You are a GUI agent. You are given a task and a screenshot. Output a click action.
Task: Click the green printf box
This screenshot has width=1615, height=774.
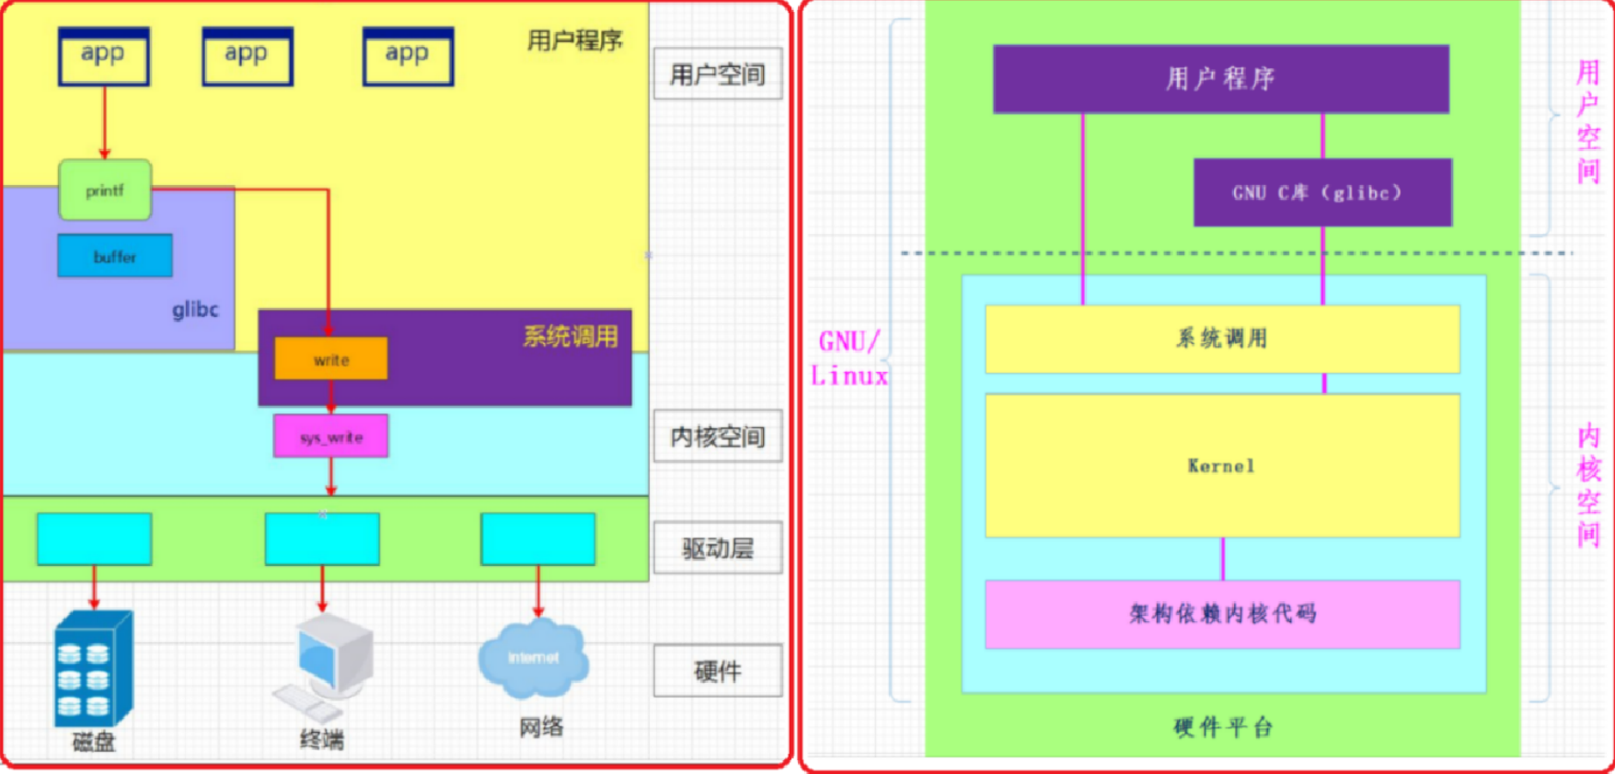point(105,191)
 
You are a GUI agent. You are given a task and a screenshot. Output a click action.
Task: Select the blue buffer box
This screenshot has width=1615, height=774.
point(115,256)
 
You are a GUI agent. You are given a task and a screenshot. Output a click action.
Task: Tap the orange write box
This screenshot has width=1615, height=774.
point(331,359)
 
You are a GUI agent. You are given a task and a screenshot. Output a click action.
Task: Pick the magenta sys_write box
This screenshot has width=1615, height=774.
point(331,436)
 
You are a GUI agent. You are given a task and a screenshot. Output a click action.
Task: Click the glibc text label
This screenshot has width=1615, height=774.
point(195,309)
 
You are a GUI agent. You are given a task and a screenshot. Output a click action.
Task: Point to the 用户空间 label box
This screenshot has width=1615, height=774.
point(718,74)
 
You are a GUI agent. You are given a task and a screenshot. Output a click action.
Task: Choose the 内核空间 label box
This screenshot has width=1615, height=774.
point(718,436)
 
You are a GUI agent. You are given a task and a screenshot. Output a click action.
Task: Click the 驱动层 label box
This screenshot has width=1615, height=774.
point(718,549)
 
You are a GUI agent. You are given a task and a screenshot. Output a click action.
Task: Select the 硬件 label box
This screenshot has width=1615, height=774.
point(718,671)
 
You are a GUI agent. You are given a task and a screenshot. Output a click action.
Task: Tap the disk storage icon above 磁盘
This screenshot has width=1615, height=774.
point(93,669)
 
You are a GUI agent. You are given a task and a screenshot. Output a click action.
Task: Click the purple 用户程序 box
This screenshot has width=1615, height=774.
point(1221,79)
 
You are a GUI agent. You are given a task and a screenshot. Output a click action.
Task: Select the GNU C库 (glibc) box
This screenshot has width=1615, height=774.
point(1322,192)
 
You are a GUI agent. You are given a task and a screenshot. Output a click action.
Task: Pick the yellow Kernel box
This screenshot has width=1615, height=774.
point(1222,466)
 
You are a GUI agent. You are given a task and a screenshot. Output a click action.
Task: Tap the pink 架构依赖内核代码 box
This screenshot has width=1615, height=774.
point(1222,614)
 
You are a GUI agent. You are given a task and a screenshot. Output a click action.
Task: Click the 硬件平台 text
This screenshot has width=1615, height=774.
point(1222,727)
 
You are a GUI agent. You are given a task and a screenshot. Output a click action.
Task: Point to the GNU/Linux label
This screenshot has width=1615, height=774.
point(848,359)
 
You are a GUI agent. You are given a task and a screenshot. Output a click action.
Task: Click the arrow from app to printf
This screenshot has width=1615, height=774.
point(104,122)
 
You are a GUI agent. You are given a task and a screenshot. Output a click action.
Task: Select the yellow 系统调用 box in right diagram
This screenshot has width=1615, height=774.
point(1222,339)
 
